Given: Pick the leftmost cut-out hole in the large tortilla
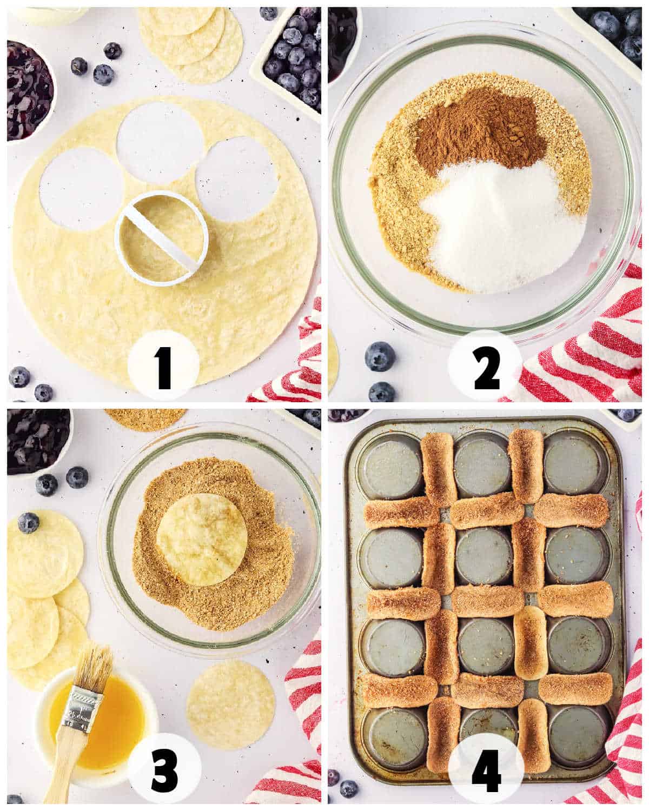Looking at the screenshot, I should [x=81, y=189].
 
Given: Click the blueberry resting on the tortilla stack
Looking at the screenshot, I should [x=28, y=523].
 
